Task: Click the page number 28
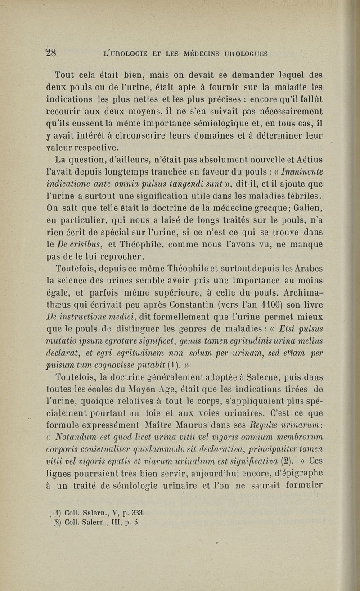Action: point(50,53)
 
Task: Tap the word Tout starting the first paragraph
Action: point(64,73)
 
